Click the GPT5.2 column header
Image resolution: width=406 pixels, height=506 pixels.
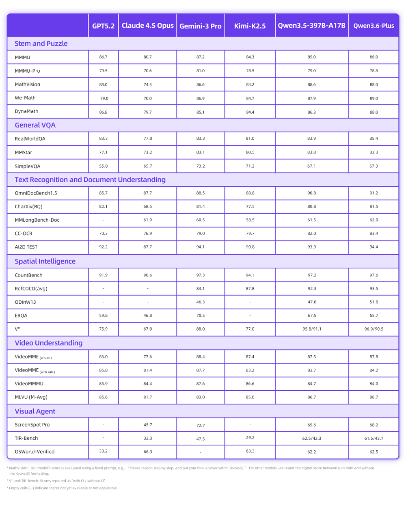coord(103,26)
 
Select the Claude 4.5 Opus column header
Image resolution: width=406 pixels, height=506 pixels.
coord(147,26)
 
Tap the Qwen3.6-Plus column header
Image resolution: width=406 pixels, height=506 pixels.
coord(374,26)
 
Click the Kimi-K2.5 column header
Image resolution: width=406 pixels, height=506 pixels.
coord(250,26)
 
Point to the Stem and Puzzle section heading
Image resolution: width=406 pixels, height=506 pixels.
coord(41,43)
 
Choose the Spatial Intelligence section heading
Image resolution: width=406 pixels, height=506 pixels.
coord(45,261)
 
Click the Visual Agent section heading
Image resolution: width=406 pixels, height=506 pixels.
coord(35,411)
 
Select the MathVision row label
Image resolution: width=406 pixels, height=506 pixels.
coord(28,84)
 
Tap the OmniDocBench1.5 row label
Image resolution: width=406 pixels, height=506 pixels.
coord(36,193)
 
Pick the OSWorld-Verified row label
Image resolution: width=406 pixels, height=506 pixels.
coord(35,452)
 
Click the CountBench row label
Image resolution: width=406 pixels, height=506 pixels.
coord(28,275)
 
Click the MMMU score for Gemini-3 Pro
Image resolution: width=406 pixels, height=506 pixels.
coord(200,57)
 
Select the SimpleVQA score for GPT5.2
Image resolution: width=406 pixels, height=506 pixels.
coord(103,166)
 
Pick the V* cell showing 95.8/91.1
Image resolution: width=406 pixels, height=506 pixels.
coord(311,329)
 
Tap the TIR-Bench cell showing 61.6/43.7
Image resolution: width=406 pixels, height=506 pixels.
coord(374,439)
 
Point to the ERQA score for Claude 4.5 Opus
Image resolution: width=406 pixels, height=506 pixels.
coord(147,316)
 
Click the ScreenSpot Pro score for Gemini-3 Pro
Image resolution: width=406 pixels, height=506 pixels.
coord(200,426)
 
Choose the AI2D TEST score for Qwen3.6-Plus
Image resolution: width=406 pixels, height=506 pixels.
coord(374,247)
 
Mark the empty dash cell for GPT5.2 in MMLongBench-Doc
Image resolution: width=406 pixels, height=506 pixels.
coord(103,220)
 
